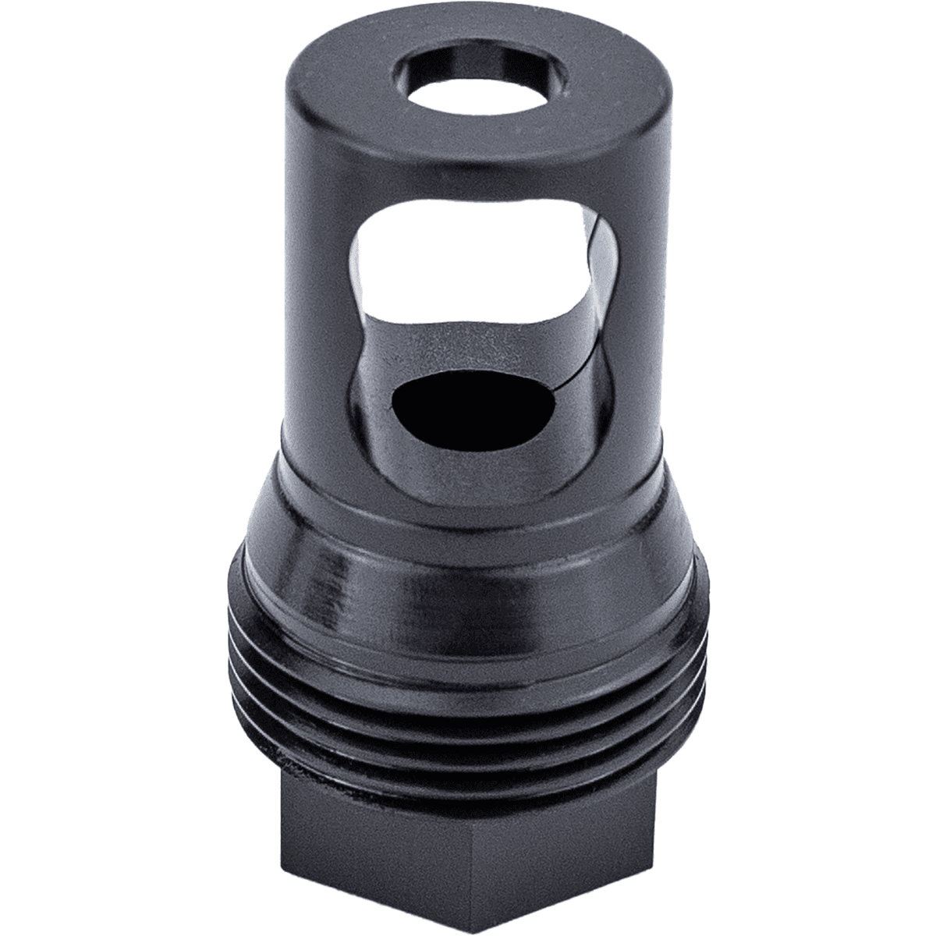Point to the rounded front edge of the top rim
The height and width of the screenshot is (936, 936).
click(468, 156)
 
